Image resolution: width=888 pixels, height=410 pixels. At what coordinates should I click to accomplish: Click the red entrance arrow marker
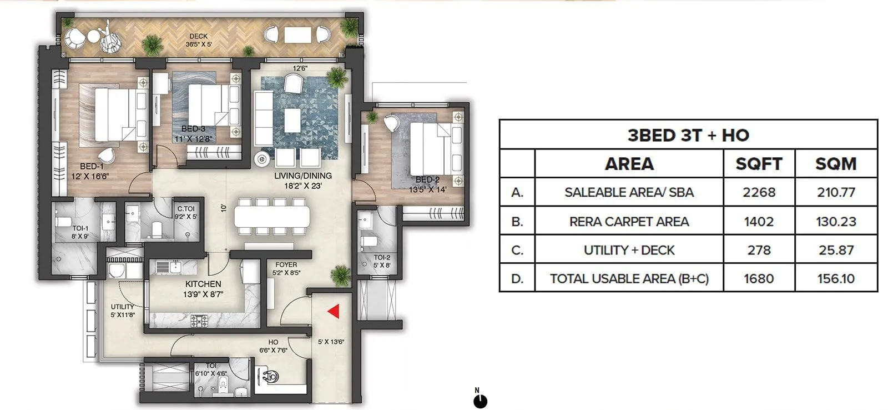[x=334, y=312]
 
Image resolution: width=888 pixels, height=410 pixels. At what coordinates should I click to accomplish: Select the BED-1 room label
[x=92, y=166]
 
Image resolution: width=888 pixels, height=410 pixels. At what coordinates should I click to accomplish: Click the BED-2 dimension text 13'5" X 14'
[x=427, y=189]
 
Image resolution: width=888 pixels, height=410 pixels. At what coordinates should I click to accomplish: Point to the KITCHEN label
[x=204, y=284]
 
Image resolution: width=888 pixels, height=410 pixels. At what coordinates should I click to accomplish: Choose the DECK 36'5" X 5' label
[x=198, y=40]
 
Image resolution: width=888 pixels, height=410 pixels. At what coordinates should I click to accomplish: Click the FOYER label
[x=286, y=264]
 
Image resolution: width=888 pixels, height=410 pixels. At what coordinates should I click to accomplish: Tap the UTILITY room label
[x=122, y=307]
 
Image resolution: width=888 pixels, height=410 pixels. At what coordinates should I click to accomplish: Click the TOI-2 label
[x=382, y=258]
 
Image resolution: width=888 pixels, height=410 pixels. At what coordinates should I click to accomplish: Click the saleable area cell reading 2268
[x=759, y=192]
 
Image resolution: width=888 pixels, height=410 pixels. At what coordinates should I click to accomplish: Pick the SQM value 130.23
[x=836, y=221]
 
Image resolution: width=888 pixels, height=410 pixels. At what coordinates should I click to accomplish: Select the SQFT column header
[x=759, y=164]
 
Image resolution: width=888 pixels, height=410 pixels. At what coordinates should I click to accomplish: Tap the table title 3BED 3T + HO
[x=688, y=135]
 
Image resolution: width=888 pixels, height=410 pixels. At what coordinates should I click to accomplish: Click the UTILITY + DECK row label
[x=629, y=250]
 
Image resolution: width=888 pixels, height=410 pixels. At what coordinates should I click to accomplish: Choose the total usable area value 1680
[x=759, y=278]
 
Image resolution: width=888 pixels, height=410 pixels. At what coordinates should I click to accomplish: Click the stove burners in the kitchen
[x=199, y=321]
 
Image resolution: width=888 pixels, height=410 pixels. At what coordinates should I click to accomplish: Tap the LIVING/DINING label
[x=303, y=176]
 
